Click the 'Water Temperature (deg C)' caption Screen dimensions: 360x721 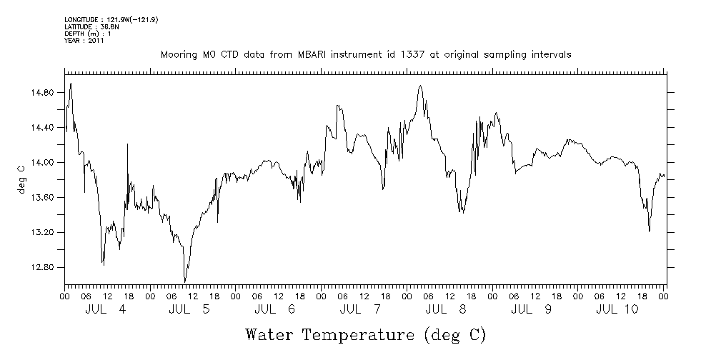[x=365, y=334]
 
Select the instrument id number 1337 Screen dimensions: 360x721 [x=403, y=54]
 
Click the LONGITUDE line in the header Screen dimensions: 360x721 [x=111, y=20]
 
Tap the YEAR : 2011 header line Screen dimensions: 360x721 [x=84, y=41]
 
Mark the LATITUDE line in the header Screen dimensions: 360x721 [x=91, y=27]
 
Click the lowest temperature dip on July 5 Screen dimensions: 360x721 [x=185, y=281]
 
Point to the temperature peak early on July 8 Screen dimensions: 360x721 [x=420, y=86]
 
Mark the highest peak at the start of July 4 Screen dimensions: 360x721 [x=71, y=84]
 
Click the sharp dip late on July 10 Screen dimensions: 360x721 [x=649, y=231]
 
